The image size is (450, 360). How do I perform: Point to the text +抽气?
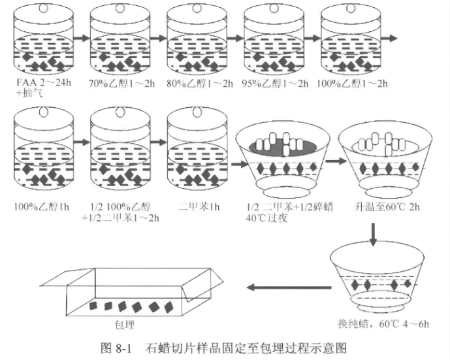(x=30, y=93)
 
